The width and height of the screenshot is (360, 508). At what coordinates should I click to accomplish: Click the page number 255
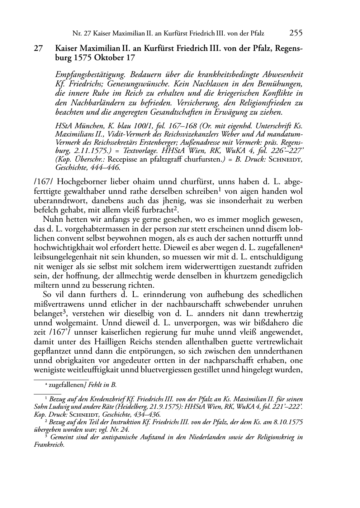click(x=296, y=33)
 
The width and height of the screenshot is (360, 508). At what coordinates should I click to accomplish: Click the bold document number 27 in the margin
click(x=39, y=48)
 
